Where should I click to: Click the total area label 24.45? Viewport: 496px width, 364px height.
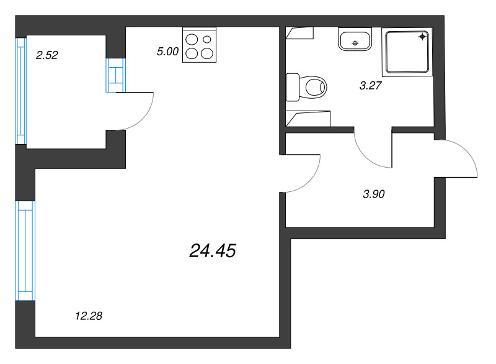pyautogui.click(x=213, y=251)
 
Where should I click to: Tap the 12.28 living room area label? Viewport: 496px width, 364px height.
pyautogui.click(x=89, y=316)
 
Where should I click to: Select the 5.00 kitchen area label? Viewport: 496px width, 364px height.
pyautogui.click(x=167, y=52)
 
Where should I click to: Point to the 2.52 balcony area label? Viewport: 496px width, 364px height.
pyautogui.click(x=47, y=55)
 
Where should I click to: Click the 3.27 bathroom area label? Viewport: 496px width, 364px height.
pyautogui.click(x=370, y=85)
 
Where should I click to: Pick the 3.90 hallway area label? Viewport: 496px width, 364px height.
pyautogui.click(x=374, y=194)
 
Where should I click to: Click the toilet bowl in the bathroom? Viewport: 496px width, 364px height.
pyautogui.click(x=313, y=87)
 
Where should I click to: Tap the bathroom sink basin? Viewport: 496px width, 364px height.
pyautogui.click(x=355, y=40)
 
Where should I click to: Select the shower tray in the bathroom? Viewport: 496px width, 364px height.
pyautogui.click(x=407, y=52)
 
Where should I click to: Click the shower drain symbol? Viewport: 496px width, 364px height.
pyautogui.click(x=423, y=37)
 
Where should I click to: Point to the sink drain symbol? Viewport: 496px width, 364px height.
pyautogui.click(x=355, y=43)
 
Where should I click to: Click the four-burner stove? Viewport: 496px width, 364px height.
pyautogui.click(x=199, y=45)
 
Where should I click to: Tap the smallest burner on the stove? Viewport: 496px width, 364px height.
pyautogui.click(x=207, y=39)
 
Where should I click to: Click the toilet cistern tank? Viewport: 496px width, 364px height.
pyautogui.click(x=293, y=88)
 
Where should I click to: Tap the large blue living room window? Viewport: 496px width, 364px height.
pyautogui.click(x=25, y=250)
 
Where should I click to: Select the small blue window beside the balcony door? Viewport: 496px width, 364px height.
pyautogui.click(x=116, y=75)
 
